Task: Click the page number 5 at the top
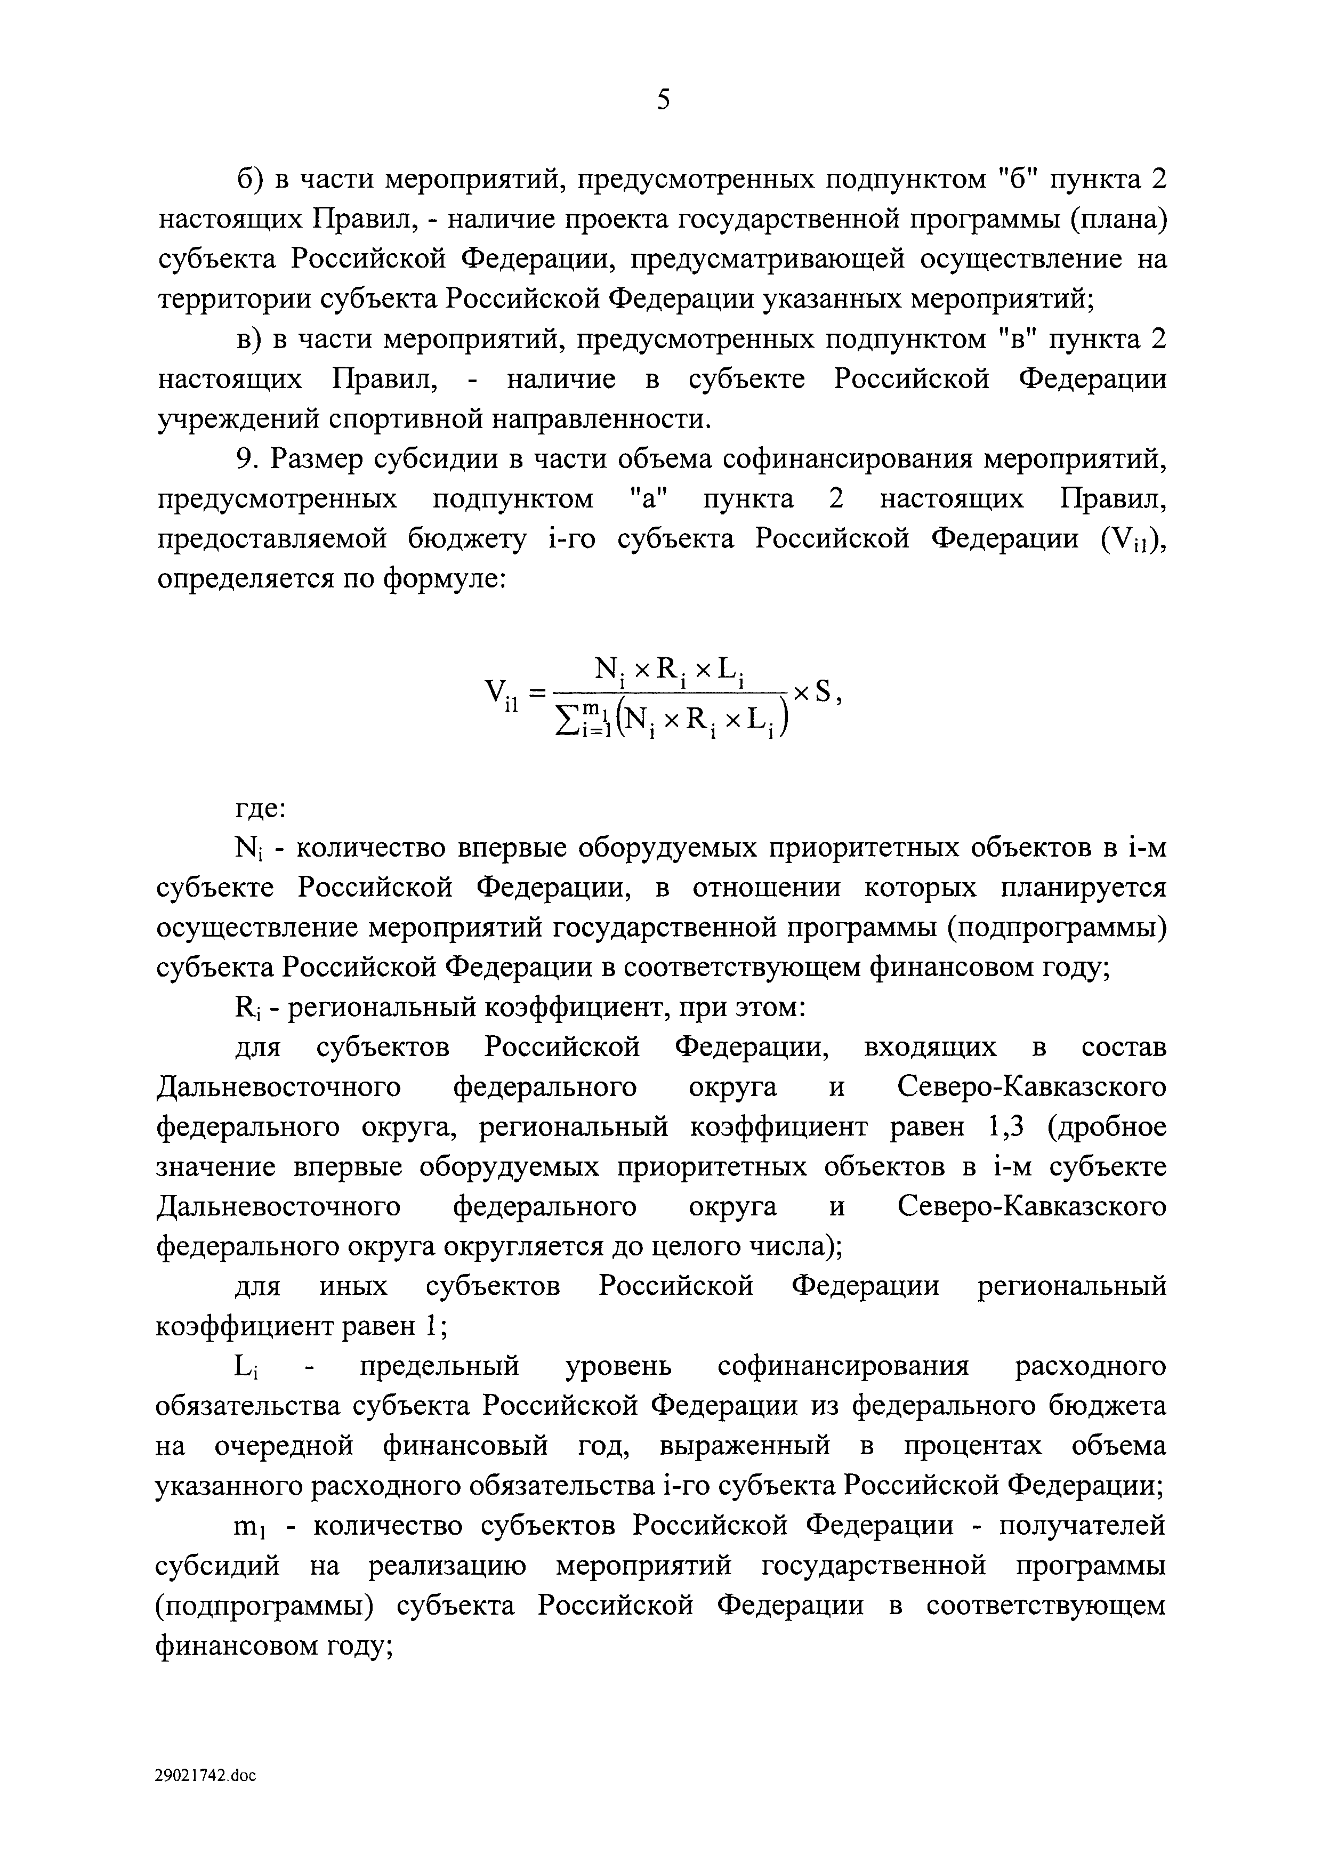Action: tap(663, 101)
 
